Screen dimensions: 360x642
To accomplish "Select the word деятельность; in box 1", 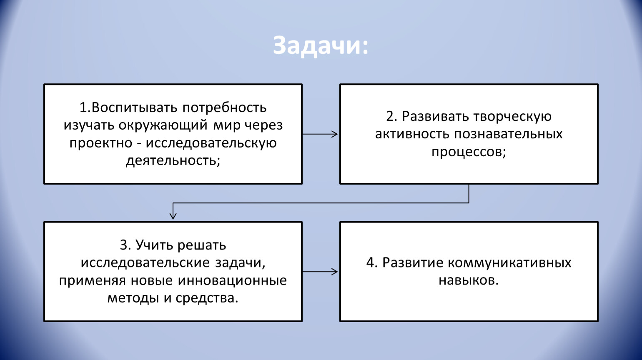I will (173, 160).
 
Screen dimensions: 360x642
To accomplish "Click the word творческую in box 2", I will (512, 116).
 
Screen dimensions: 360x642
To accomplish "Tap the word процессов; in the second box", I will (469, 152).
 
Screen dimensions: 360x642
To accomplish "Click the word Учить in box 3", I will (154, 245).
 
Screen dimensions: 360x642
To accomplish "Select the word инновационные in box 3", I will (233, 280).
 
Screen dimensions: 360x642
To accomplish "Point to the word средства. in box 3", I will (207, 298).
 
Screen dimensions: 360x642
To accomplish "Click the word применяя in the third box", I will (93, 280).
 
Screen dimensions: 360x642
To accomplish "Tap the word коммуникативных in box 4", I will (509, 263).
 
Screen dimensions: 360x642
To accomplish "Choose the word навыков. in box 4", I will (469, 280).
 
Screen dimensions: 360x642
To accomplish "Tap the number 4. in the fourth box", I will (372, 263).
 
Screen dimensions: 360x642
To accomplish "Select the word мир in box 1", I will (227, 125).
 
